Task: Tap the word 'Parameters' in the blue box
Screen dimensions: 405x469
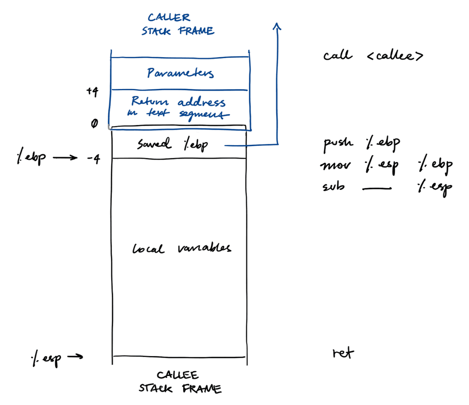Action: tap(180, 73)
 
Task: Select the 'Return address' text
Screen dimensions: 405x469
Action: tap(178, 102)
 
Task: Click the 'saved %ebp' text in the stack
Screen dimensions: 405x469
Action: tap(172, 144)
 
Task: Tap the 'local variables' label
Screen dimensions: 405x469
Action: tap(181, 248)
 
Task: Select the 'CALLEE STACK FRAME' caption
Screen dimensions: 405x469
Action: tap(180, 382)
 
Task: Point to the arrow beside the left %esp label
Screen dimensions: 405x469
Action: tap(74, 357)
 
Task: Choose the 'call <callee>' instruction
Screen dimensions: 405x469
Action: tap(373, 56)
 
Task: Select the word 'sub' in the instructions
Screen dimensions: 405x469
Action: tap(334, 187)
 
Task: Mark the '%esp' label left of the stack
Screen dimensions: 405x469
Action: tap(46, 358)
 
